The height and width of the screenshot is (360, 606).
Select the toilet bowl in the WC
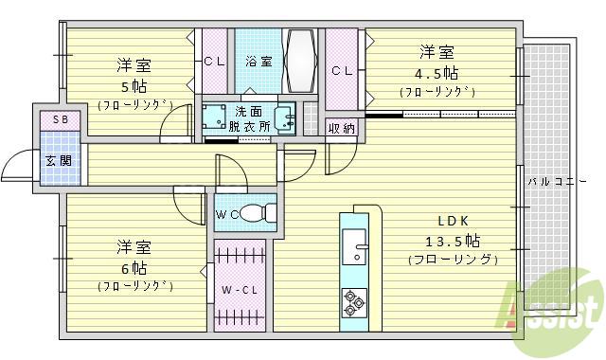click(x=253, y=214)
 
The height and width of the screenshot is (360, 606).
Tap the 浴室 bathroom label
click(x=258, y=62)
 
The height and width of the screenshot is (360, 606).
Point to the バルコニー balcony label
click(x=552, y=179)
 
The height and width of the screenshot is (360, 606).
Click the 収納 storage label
click(x=343, y=128)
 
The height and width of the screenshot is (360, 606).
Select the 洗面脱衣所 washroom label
click(x=249, y=117)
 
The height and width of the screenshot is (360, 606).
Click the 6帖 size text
click(x=134, y=266)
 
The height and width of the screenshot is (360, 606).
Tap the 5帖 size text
click(x=134, y=83)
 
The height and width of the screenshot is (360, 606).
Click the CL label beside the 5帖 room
click(x=212, y=63)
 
